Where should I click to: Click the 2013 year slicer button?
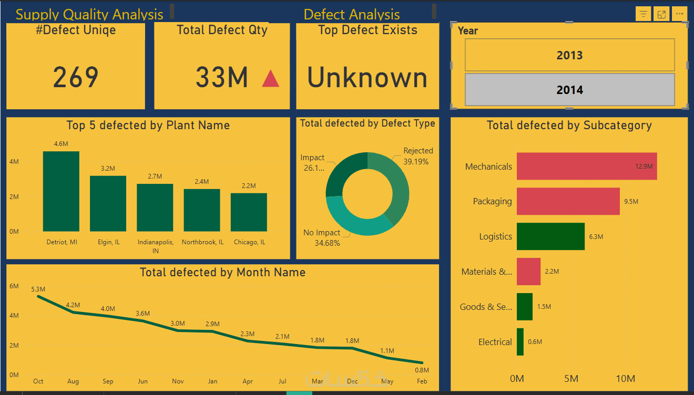(569, 55)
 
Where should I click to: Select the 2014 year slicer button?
(569, 90)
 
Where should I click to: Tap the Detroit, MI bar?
(61, 191)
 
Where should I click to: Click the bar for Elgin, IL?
(108, 203)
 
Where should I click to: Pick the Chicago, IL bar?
(249, 212)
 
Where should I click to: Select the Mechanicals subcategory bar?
(587, 166)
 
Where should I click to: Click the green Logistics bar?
(550, 236)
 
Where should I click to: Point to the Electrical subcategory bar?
(520, 342)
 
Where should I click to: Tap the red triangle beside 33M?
(271, 78)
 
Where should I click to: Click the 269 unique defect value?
(76, 78)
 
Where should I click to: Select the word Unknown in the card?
(367, 78)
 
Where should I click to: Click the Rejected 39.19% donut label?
(418, 156)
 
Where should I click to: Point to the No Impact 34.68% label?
(322, 237)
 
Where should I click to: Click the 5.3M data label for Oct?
(38, 289)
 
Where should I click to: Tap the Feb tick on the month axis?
(422, 381)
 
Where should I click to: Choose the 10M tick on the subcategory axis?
(625, 379)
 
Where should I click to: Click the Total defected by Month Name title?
(222, 272)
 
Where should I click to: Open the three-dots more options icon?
(679, 14)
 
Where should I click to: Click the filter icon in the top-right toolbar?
(644, 14)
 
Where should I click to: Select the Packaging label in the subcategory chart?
(492, 201)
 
